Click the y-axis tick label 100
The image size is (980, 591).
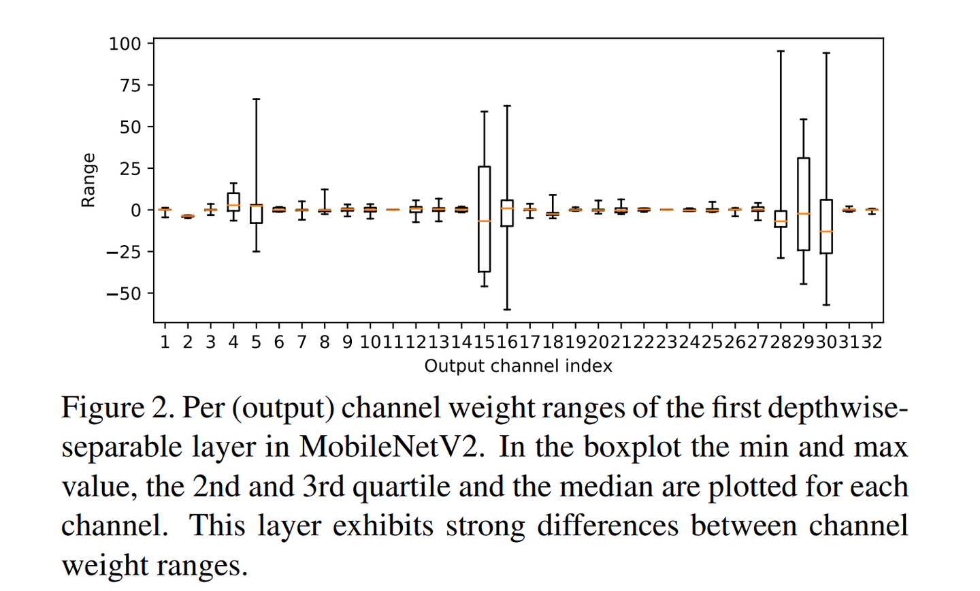[125, 44]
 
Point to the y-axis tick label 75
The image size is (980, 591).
[131, 86]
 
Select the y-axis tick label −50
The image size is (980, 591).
[123, 293]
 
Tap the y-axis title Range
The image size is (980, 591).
[88, 180]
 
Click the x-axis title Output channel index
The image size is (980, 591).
[518, 366]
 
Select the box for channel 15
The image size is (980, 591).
[485, 219]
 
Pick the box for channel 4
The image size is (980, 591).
[233, 202]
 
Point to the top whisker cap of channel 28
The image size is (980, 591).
[781, 51]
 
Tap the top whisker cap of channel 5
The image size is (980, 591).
[256, 99]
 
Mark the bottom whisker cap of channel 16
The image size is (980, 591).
[507, 310]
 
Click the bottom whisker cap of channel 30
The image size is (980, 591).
[826, 305]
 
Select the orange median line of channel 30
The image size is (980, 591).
[826, 231]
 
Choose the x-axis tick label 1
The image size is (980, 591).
[165, 342]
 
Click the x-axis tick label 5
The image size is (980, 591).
[256, 342]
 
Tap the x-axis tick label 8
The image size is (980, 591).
[325, 342]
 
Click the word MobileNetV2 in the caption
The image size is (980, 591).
[391, 447]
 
